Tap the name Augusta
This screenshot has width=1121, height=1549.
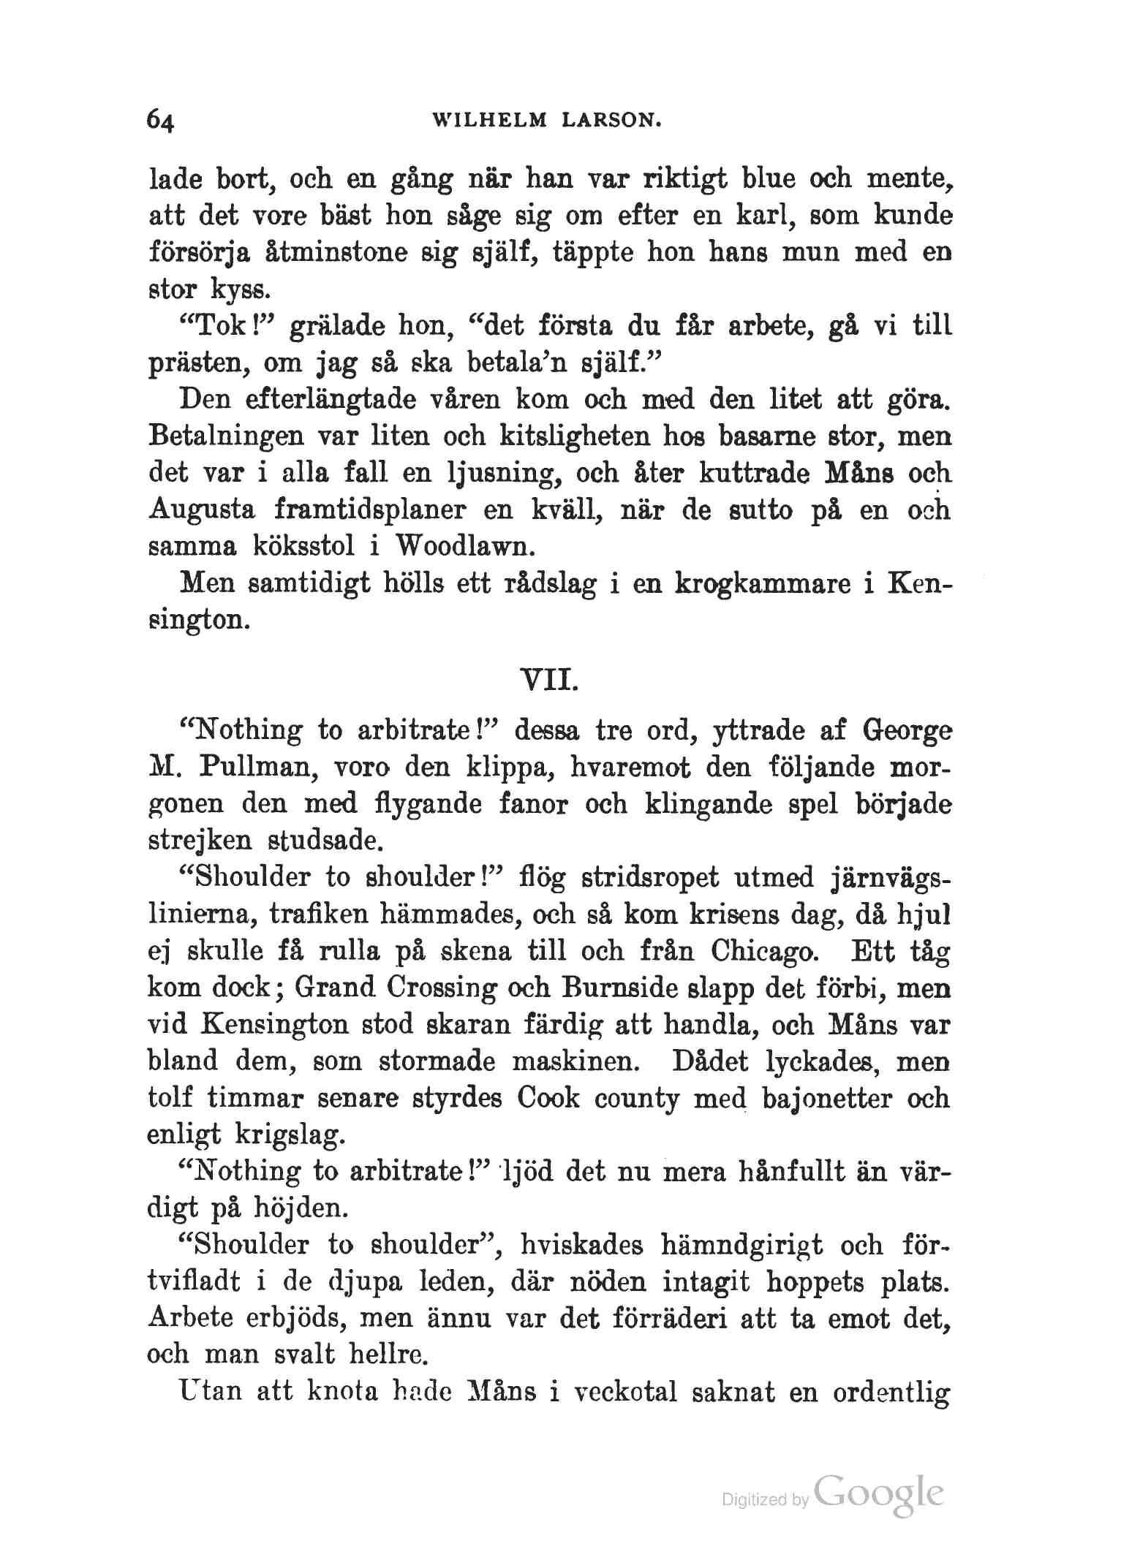tap(202, 510)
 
